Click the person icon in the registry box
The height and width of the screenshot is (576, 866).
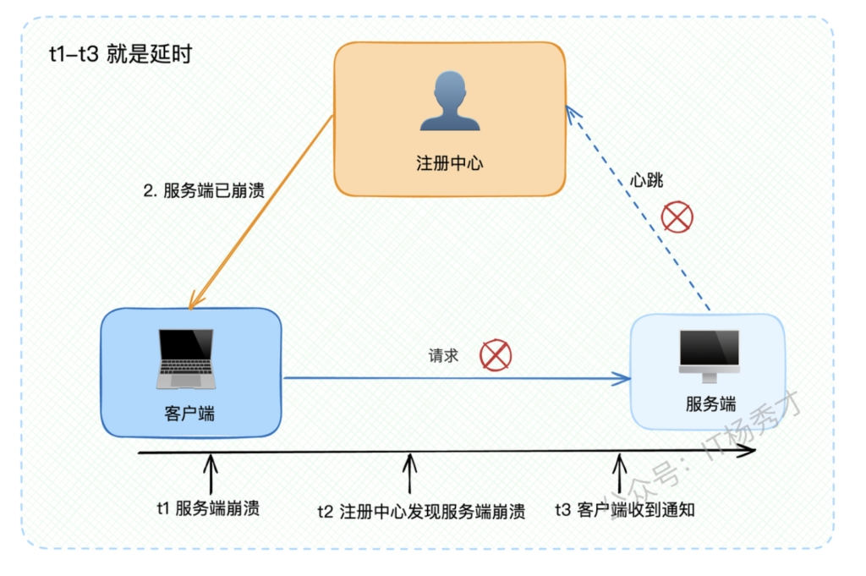[450, 101]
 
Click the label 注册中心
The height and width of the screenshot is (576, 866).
[450, 163]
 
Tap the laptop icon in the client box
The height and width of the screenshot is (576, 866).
[186, 359]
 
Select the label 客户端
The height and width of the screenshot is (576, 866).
[189, 414]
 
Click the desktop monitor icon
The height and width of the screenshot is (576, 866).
[710, 356]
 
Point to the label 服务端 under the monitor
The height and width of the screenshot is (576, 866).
[710, 403]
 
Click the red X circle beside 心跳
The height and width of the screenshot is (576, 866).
[677, 217]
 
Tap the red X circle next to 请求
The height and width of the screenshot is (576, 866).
[496, 355]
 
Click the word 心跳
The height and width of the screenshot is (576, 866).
[647, 180]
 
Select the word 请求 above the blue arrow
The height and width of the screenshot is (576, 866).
[443, 355]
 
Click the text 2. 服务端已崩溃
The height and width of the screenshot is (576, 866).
[204, 190]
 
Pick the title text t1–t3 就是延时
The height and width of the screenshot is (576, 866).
[120, 54]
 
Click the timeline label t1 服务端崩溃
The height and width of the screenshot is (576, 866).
[208, 508]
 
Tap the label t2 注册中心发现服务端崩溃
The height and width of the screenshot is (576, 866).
[421, 512]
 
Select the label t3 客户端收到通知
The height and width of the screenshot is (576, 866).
[625, 510]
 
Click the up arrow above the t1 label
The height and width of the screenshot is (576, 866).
[211, 474]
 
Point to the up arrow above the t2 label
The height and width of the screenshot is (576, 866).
[409, 474]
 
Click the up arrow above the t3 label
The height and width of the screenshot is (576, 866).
[620, 474]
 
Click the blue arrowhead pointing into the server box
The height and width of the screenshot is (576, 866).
[622, 378]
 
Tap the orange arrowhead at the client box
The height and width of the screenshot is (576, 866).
[195, 300]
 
